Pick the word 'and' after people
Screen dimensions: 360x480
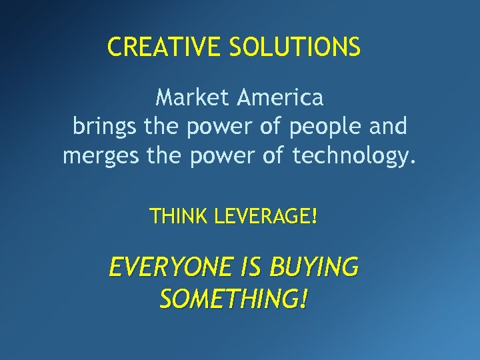pyautogui.click(x=388, y=125)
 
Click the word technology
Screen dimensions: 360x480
pyautogui.click(x=350, y=157)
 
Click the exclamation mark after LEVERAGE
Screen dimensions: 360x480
pyautogui.click(x=314, y=216)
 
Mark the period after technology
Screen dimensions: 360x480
pyautogui.click(x=414, y=162)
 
